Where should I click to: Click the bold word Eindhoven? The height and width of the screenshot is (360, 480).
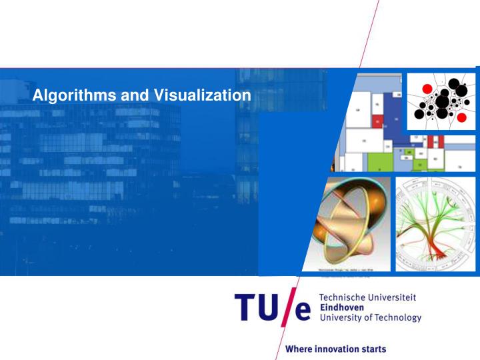(341, 307)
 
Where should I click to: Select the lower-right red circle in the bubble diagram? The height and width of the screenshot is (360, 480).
(461, 117)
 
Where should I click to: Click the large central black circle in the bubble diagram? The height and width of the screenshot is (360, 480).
(442, 102)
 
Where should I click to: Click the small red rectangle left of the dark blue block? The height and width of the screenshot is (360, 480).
(377, 121)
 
